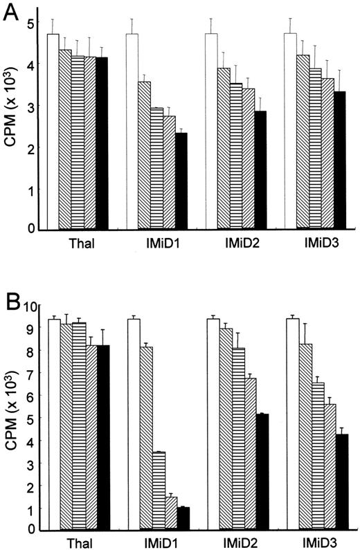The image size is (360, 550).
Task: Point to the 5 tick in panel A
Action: coord(31,22)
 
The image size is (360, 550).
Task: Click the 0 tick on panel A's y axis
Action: coord(31,228)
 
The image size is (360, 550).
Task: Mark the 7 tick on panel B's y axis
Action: coord(31,374)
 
